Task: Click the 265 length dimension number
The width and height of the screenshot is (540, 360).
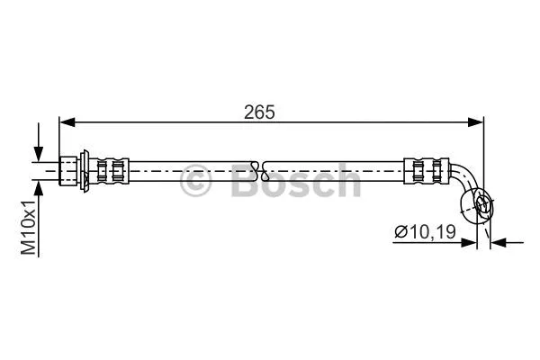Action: pyautogui.click(x=259, y=112)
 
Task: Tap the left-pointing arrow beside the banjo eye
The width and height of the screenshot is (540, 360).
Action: pyautogui.click(x=500, y=241)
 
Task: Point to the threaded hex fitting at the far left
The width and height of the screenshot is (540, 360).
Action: pyautogui.click(x=68, y=167)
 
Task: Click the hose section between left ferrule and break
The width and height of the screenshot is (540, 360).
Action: pyautogui.click(x=189, y=167)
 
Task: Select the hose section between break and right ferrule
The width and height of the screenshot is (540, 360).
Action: pyautogui.click(x=333, y=167)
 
